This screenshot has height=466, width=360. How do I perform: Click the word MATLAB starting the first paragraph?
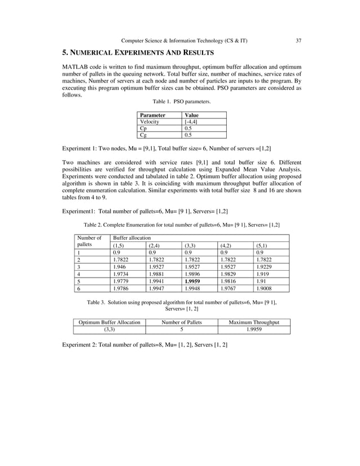pos(76,68)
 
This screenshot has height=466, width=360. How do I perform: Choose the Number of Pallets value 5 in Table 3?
pos(181,329)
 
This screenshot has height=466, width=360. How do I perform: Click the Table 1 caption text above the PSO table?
pos(182,102)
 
